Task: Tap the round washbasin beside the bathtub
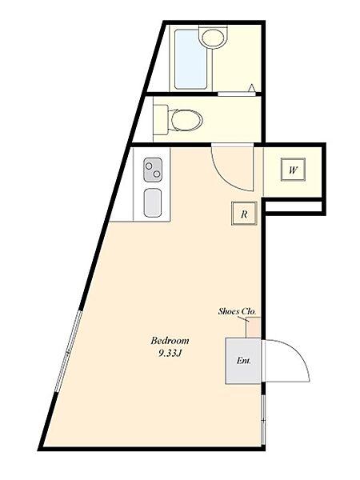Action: point(213,37)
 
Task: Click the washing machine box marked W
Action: point(293,170)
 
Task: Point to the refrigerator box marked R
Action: point(242,214)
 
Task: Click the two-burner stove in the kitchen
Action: point(154,170)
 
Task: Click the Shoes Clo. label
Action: point(236,311)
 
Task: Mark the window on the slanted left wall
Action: point(66,352)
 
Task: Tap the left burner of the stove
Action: point(150,169)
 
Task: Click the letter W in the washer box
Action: point(293,170)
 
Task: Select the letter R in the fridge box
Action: point(242,214)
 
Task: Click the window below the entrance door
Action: point(263,416)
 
